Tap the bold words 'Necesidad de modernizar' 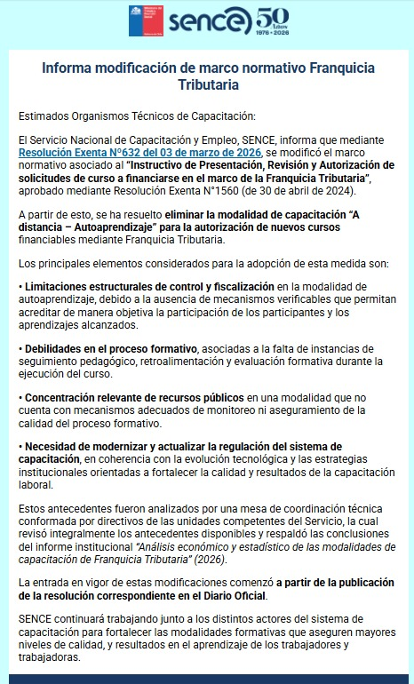[88, 446]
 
